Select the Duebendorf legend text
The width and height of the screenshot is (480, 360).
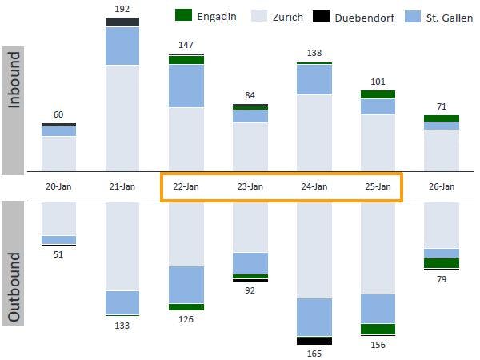(x=345, y=16)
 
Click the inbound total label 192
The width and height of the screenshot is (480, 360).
(x=122, y=10)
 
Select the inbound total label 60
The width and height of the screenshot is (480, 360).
(x=58, y=115)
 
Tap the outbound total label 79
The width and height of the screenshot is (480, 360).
(x=442, y=279)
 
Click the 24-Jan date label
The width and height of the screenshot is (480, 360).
(x=314, y=186)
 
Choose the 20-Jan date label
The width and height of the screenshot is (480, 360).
(x=58, y=186)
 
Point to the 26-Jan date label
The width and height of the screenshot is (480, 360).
(x=442, y=186)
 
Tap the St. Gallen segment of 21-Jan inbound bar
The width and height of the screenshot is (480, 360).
(x=122, y=46)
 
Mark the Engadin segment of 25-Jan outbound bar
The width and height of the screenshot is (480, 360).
(x=378, y=329)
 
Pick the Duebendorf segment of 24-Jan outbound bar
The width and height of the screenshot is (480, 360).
(x=314, y=341)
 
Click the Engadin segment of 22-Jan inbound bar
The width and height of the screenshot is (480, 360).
(x=186, y=60)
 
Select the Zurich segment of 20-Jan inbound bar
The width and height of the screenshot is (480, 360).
(x=58, y=154)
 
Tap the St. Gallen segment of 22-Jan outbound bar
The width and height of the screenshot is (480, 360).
(x=186, y=285)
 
